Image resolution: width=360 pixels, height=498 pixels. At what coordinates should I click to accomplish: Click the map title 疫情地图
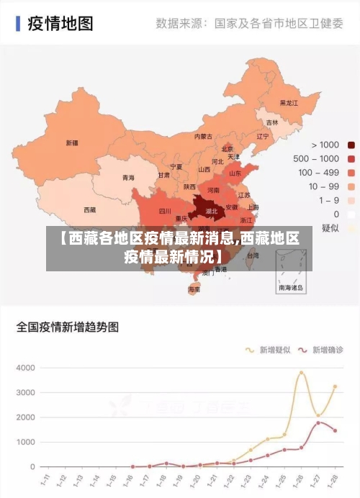[60, 23]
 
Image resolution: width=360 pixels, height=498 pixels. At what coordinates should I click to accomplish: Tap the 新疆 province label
[72, 142]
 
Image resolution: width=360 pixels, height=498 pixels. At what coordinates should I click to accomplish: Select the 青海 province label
[128, 177]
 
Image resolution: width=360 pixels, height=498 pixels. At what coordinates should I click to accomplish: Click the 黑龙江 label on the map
[288, 103]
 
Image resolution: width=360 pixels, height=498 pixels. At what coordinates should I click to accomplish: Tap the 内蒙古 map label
[204, 136]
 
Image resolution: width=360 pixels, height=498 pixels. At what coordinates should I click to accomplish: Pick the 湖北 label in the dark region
[211, 212]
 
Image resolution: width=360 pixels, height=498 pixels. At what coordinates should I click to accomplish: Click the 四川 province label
[165, 212]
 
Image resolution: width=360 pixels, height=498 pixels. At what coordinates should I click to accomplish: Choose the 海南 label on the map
[194, 289]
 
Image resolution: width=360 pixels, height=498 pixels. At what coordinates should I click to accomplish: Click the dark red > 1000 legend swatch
[351, 145]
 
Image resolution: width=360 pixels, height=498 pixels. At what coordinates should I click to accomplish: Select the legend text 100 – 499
[318, 172]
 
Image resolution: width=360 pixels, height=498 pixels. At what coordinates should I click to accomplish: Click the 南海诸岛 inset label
[291, 287]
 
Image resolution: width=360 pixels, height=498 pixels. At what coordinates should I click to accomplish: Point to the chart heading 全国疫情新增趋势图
[68, 327]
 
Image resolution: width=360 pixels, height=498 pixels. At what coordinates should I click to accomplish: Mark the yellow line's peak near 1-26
[302, 372]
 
